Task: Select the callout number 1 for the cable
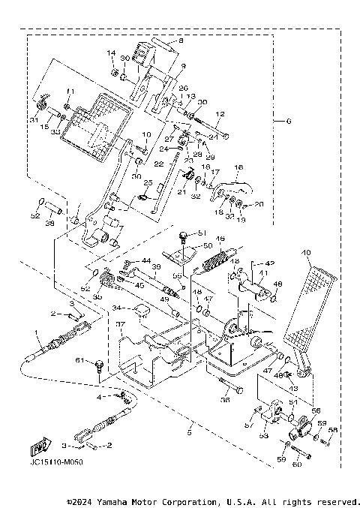[34, 332]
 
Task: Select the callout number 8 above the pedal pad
[180, 41]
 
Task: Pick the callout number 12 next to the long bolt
[220, 115]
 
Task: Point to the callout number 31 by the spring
[34, 119]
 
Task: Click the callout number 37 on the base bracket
[118, 324]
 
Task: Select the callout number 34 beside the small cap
[116, 308]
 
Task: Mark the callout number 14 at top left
[111, 53]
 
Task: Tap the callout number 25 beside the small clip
[148, 183]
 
